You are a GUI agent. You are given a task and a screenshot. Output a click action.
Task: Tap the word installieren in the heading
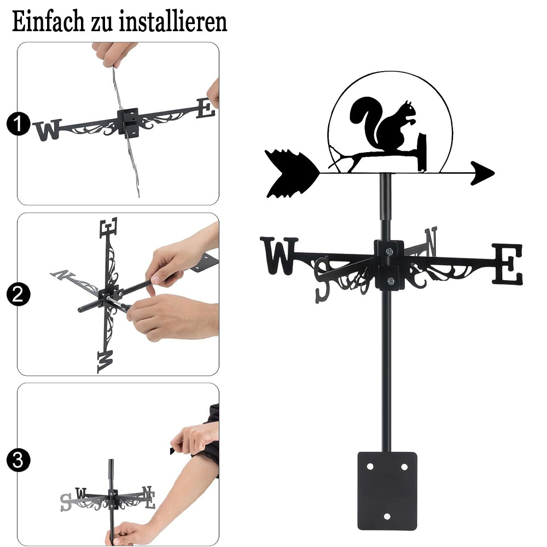[173, 22]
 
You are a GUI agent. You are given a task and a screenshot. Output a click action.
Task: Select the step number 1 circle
[18, 124]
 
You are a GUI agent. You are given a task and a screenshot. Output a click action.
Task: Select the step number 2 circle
[18, 294]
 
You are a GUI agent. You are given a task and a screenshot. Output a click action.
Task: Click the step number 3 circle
[18, 460]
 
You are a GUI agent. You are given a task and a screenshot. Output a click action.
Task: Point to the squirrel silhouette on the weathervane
[384, 126]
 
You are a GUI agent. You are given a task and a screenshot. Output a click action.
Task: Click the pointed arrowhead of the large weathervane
[482, 173]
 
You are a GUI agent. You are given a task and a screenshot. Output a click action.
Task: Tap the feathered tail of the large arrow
[292, 174]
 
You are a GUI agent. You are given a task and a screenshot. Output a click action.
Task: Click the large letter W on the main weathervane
[279, 255]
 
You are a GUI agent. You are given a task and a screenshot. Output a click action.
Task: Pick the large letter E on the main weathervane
[508, 264]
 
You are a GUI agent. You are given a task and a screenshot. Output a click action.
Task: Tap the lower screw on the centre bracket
[391, 281]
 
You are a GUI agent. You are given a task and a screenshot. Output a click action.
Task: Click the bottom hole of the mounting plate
[387, 516]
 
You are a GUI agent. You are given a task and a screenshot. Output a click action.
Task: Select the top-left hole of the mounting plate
[370, 467]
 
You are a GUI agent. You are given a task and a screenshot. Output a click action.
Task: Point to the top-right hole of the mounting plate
[404, 467]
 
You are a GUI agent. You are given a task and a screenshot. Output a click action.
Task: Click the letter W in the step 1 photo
[48, 130]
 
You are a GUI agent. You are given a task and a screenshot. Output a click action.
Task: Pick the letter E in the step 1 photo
[206, 108]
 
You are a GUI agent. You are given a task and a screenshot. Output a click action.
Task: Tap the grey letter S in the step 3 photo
[66, 502]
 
